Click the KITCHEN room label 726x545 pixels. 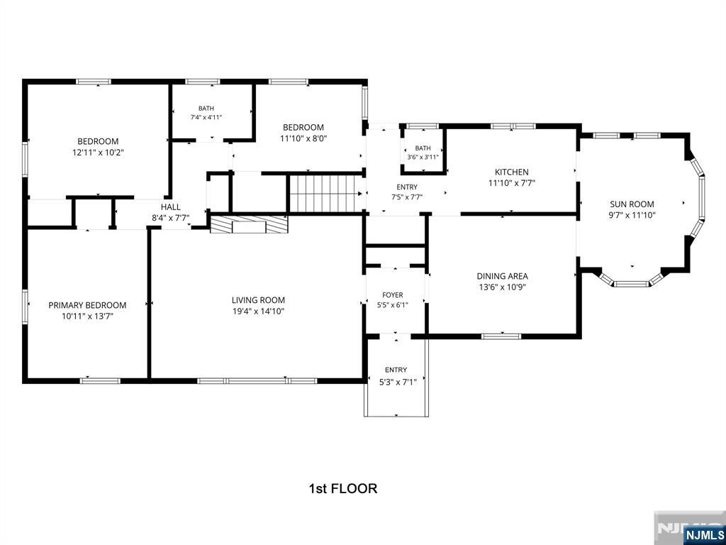(x=512, y=172)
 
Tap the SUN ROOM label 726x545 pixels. (x=632, y=204)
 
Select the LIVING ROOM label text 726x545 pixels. (x=258, y=300)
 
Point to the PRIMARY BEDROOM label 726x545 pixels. (x=87, y=305)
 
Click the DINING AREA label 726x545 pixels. (x=503, y=276)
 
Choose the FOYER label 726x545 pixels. (x=393, y=294)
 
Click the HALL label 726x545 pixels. (x=171, y=207)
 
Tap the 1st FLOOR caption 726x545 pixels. (x=343, y=488)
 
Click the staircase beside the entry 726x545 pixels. (x=326, y=194)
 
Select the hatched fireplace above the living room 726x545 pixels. (x=249, y=224)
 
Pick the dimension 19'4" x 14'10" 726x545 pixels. (x=258, y=312)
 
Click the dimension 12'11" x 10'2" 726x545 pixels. (x=98, y=153)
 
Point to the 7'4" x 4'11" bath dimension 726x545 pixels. (x=206, y=117)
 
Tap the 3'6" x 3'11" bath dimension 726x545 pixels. (x=423, y=157)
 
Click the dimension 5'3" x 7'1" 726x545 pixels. (x=396, y=381)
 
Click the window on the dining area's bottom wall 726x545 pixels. (x=501, y=336)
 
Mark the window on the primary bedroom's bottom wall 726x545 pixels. (x=100, y=381)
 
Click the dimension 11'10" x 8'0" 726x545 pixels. (x=303, y=138)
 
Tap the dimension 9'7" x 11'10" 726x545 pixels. (x=632, y=215)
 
